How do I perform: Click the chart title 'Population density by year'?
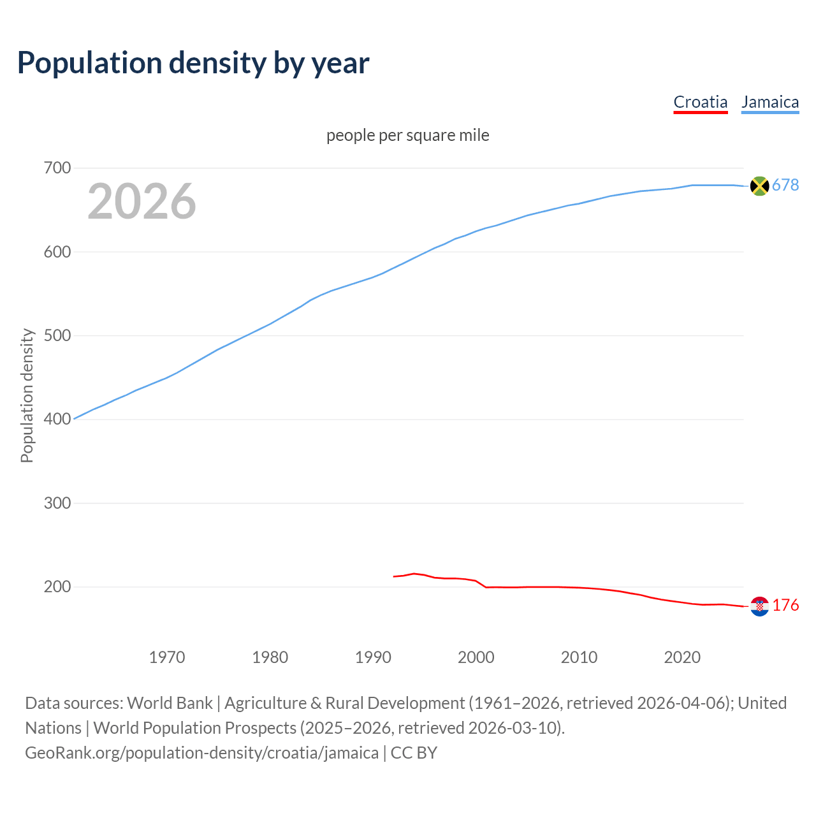(193, 63)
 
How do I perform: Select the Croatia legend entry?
(700, 102)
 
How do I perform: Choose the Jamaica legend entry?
(769, 102)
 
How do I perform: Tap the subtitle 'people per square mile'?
(407, 136)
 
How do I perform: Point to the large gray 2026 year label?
(142, 201)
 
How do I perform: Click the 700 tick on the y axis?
(57, 168)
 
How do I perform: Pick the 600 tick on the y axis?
(57, 252)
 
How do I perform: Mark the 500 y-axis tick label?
(57, 336)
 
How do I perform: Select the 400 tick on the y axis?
(57, 419)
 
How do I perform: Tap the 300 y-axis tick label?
(57, 503)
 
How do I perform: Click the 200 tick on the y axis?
(57, 587)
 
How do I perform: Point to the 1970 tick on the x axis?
(167, 657)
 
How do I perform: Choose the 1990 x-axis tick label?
(373, 657)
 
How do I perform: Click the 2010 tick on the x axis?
(579, 657)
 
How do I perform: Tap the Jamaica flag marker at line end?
(759, 186)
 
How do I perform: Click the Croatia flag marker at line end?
(759, 606)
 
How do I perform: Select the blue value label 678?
(785, 186)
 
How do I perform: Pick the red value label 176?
(785, 606)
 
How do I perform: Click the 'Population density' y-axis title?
(27, 395)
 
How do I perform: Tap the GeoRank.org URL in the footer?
(201, 753)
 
